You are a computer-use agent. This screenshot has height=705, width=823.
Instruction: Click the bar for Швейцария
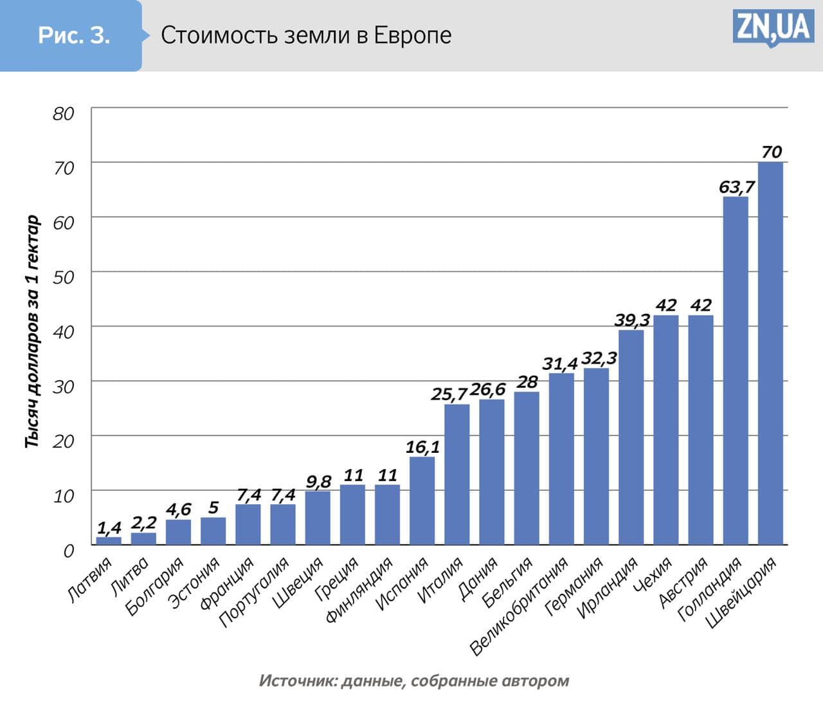click(x=770, y=353)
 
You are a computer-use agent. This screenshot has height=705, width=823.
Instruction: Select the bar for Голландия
click(x=736, y=371)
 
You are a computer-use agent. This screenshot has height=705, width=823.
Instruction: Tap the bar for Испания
click(x=422, y=500)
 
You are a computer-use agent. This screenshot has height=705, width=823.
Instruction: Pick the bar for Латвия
click(x=109, y=541)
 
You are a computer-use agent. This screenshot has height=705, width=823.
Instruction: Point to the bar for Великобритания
click(x=561, y=459)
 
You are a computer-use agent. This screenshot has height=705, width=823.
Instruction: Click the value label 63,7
click(x=737, y=187)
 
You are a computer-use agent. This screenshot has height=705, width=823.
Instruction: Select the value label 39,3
click(x=632, y=320)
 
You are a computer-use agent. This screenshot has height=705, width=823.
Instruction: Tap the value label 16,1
click(x=422, y=446)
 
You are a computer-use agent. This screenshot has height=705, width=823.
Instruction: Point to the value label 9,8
click(x=318, y=481)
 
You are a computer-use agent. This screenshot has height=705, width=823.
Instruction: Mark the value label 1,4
click(x=109, y=528)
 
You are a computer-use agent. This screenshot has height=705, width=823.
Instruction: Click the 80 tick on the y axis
click(x=64, y=114)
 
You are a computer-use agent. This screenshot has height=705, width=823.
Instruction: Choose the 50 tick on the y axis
click(x=64, y=277)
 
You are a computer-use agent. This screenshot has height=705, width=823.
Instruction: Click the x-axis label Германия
click(x=574, y=586)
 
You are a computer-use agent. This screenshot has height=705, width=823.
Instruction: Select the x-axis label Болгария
click(x=154, y=586)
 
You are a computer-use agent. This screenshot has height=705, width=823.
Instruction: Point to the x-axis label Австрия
click(x=683, y=581)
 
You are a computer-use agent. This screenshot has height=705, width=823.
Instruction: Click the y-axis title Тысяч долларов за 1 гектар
click(x=32, y=332)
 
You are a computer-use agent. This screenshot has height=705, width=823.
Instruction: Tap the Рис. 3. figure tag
click(x=73, y=35)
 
